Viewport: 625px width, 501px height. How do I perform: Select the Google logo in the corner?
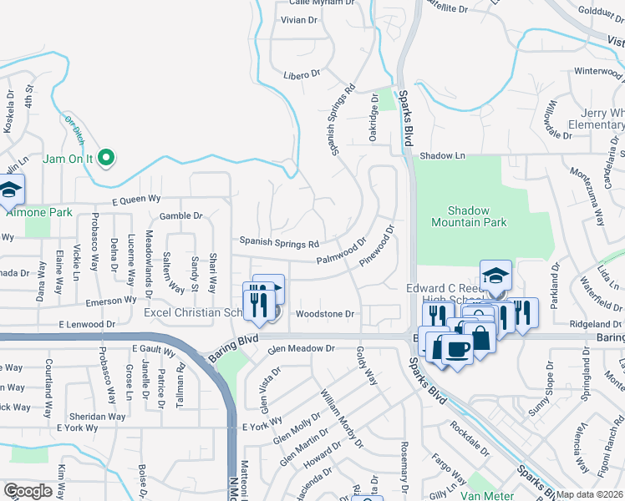pyautogui.click(x=28, y=491)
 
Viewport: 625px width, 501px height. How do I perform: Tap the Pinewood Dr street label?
pyautogui.click(x=376, y=246)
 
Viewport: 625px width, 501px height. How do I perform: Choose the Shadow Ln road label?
pyautogui.click(x=442, y=155)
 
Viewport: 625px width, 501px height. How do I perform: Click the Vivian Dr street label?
pyautogui.click(x=300, y=19)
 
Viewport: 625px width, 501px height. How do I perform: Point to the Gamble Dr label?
pyautogui.click(x=181, y=215)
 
